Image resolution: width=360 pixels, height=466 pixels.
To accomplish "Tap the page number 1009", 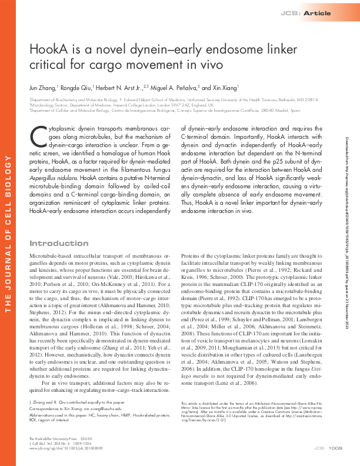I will tap(335, 450).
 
